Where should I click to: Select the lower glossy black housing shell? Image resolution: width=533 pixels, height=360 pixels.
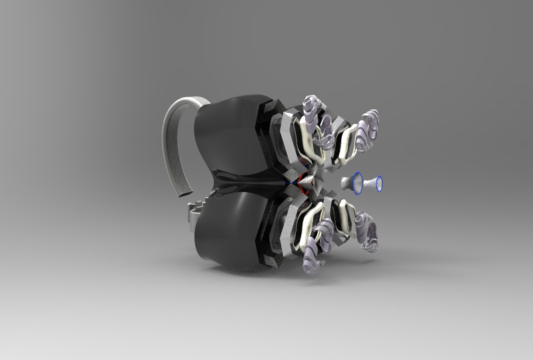227,233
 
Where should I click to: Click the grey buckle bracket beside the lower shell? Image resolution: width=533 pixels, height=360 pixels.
194,212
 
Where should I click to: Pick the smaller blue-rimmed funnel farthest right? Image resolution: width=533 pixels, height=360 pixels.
378,183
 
